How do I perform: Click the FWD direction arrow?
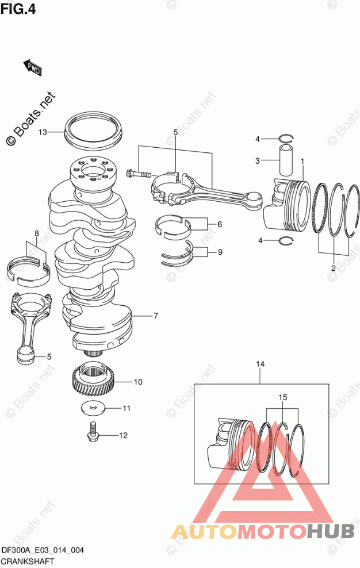(33, 68)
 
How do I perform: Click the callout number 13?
(43, 132)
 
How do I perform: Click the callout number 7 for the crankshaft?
(156, 316)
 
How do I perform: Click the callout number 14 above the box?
(261, 364)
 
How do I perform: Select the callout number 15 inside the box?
(283, 397)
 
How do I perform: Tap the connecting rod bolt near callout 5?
(139, 174)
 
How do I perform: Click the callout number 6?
(220, 225)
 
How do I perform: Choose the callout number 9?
(220, 252)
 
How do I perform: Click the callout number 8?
(37, 233)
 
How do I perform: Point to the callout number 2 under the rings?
(333, 268)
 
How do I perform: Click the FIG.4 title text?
(18, 9)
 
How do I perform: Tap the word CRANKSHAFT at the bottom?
(28, 562)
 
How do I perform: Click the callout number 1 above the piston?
(302, 161)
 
